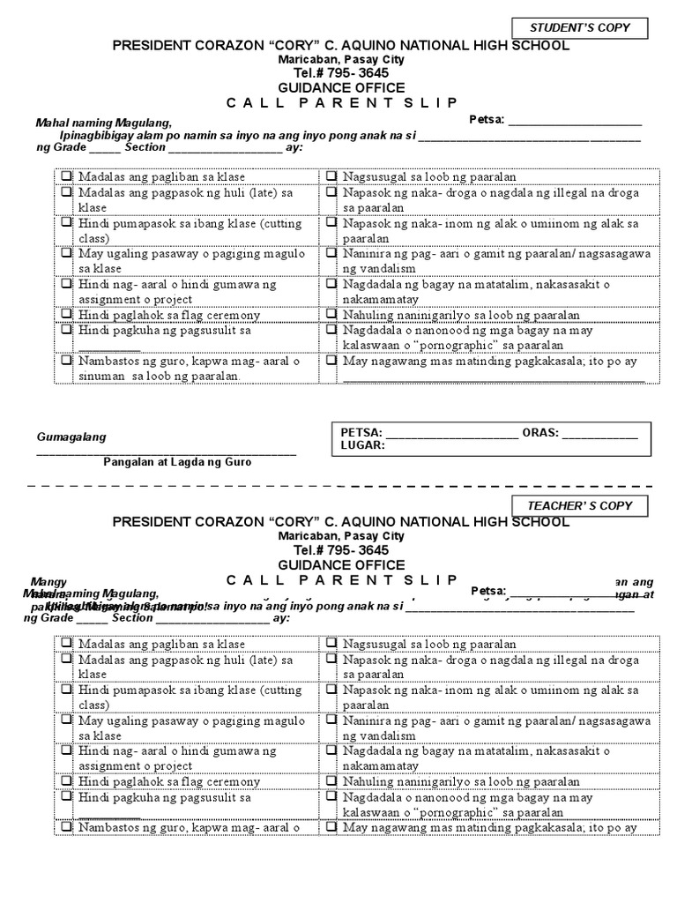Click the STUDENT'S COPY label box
tap(579, 28)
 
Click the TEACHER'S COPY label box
tap(579, 506)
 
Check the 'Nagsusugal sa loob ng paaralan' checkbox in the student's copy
tap(331, 176)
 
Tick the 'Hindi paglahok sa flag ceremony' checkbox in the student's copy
tap(67, 315)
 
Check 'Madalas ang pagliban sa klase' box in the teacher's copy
tap(67, 645)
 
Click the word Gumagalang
tap(71, 437)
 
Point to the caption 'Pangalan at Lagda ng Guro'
tap(177, 462)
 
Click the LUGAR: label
tap(362, 445)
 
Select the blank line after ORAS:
tap(599, 433)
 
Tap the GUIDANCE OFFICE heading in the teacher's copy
tap(341, 565)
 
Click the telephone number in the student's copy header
tap(341, 73)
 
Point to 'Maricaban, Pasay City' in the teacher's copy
tap(341, 536)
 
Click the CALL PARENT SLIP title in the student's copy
tap(341, 103)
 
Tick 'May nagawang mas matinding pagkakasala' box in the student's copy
tap(331, 361)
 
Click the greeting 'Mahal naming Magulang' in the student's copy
tap(103, 123)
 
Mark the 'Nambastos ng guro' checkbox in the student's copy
tap(67, 361)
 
